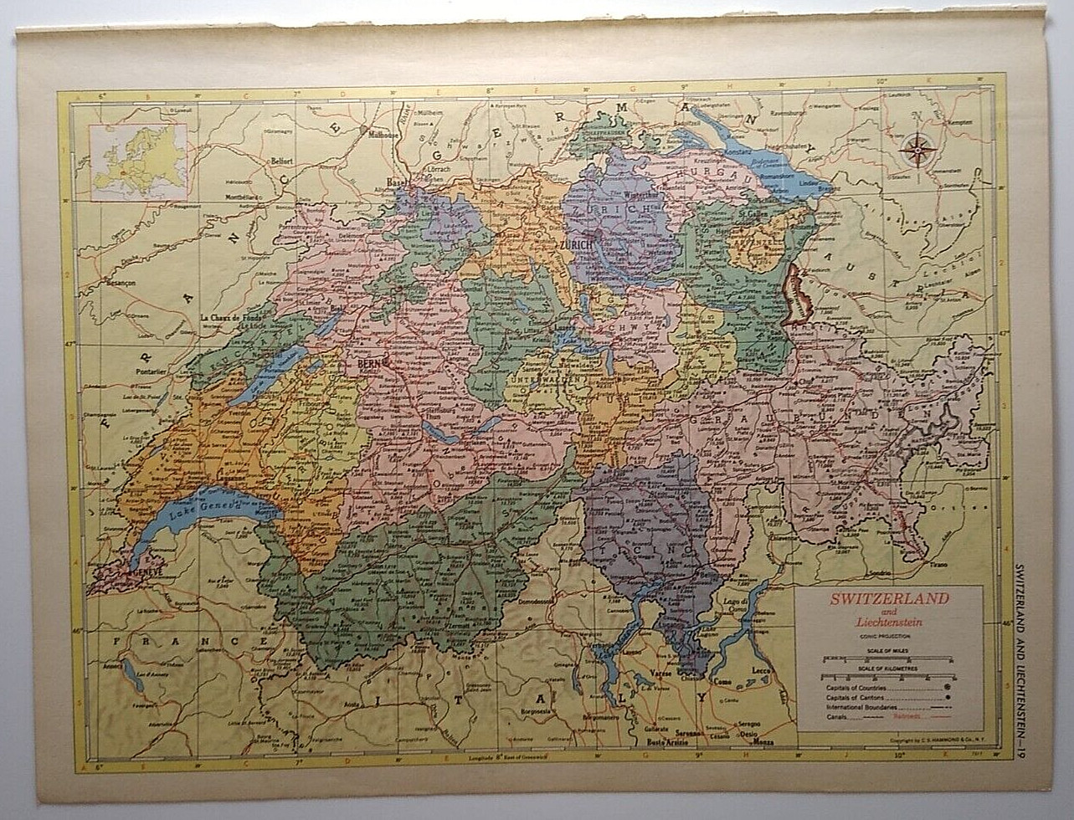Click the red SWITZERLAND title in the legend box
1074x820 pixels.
889,598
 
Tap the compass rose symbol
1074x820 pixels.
919,151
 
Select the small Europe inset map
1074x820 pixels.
139,161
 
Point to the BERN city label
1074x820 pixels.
368,364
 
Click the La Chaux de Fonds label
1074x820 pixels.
233,318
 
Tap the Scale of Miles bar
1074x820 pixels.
888,659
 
